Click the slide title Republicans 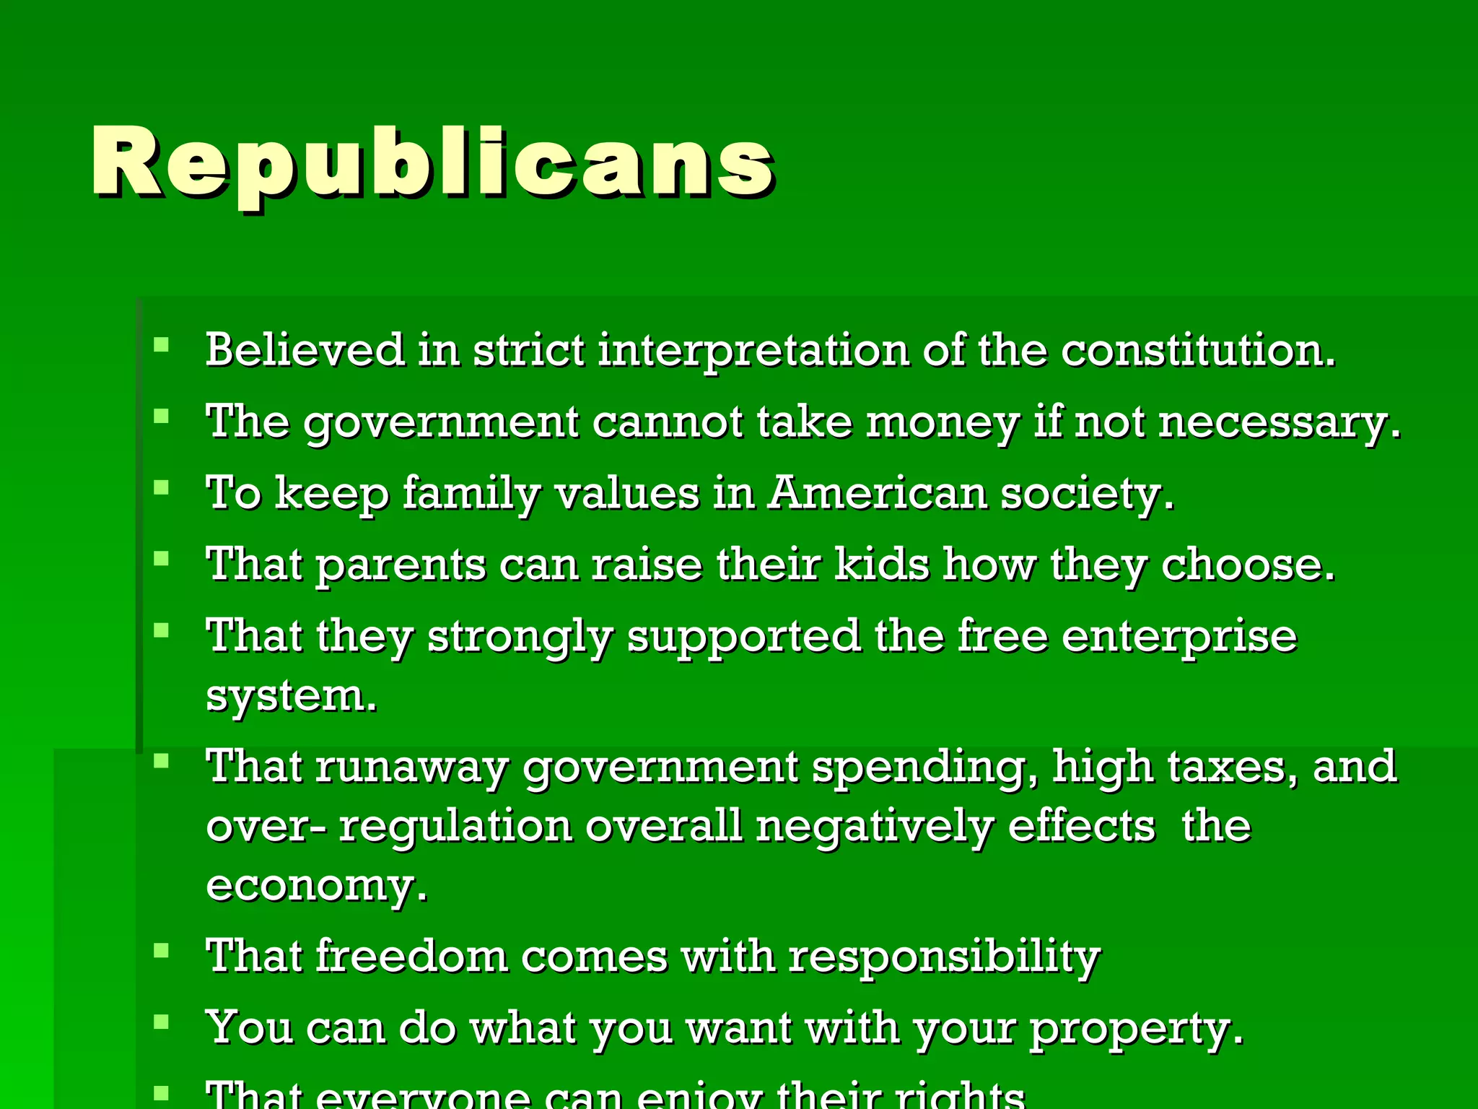pos(433,162)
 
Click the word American pos(877,494)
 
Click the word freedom pos(411,957)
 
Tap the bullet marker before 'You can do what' pos(161,1022)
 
